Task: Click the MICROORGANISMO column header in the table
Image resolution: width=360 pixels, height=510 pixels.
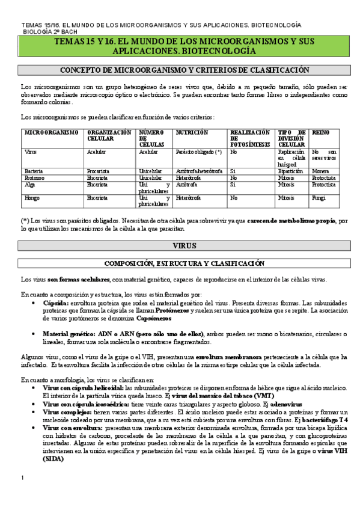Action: pos(50,132)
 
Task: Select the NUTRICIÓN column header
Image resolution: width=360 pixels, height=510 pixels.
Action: pos(192,132)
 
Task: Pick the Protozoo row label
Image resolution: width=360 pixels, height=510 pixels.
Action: pos(34,178)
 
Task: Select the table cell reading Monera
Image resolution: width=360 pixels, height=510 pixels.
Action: pos(321,171)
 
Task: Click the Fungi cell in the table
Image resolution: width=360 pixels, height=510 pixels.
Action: pos(319,197)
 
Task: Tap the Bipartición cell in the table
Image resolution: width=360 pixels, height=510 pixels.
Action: pos(291,171)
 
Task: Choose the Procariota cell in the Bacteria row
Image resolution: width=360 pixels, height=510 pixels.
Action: pos(99,171)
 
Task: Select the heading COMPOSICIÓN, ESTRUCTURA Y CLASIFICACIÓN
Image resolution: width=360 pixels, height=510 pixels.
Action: pos(184,263)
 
